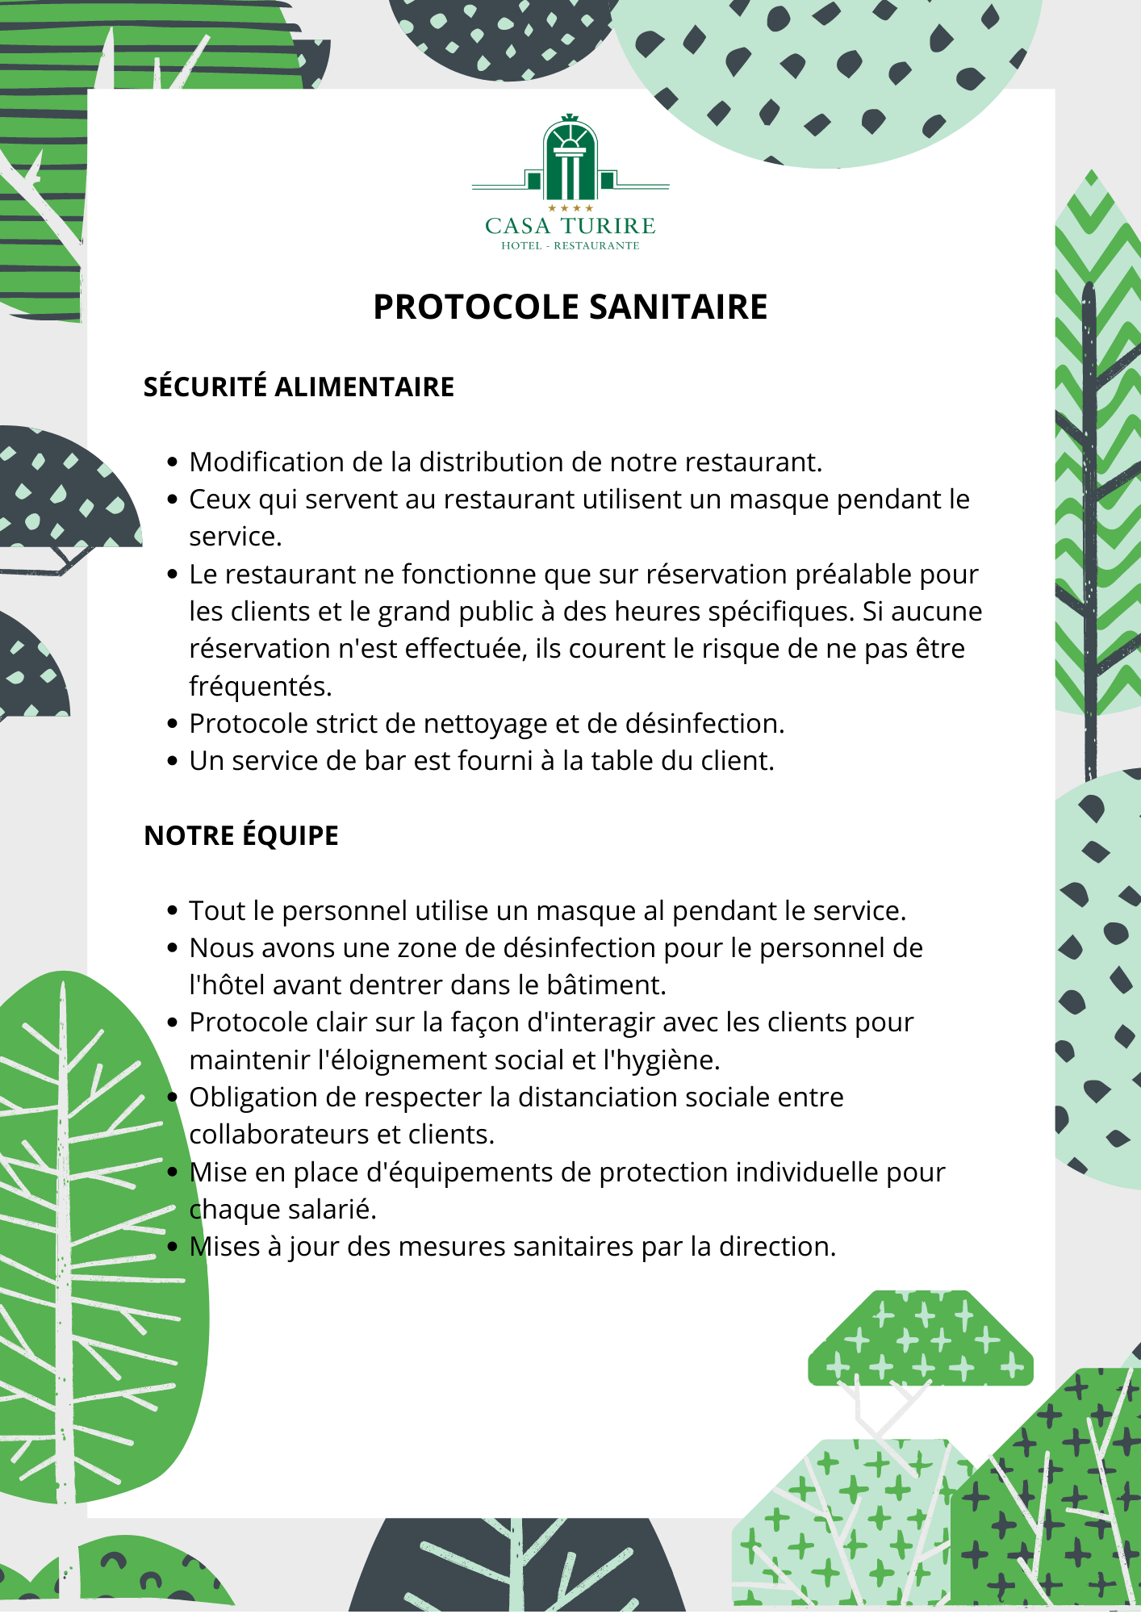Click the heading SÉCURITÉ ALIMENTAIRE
tap(299, 387)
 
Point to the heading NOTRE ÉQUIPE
tap(240, 836)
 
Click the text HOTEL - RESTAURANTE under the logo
tap(570, 246)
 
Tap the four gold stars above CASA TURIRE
tap(570, 209)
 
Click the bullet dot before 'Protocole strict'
tap(172, 724)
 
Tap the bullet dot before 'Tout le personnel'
tap(172, 911)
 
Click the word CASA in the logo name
tap(518, 226)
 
